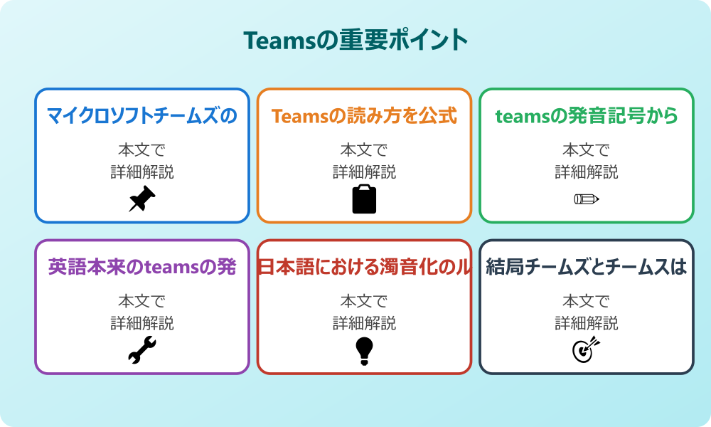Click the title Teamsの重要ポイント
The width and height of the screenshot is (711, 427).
coord(355,40)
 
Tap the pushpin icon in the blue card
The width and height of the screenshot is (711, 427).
coord(142,199)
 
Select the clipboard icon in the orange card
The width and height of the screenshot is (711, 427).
coord(364,199)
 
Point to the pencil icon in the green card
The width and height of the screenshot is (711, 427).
coord(587,199)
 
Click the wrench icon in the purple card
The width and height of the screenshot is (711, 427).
coord(142,350)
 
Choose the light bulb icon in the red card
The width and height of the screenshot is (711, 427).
coord(364,351)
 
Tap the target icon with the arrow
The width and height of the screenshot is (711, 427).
coord(587,350)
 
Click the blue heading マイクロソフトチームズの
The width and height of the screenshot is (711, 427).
coord(142,116)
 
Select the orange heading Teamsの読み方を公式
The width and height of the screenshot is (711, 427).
coord(364,116)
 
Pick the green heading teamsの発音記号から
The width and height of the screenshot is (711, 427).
coord(587,116)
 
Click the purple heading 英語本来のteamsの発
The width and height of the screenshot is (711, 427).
coord(142,267)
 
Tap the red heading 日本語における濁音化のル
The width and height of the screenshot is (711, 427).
coord(364,267)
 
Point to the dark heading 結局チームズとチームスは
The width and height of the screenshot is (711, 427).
coord(587,267)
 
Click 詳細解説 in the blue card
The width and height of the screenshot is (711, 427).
coord(142,172)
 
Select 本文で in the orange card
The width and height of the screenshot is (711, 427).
coord(364,149)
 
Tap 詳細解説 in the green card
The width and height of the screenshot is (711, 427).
coord(587,172)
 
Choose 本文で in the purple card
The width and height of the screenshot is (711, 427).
coord(142,301)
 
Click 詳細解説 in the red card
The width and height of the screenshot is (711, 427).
coord(364,323)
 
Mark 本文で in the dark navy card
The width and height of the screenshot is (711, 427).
coord(587,301)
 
